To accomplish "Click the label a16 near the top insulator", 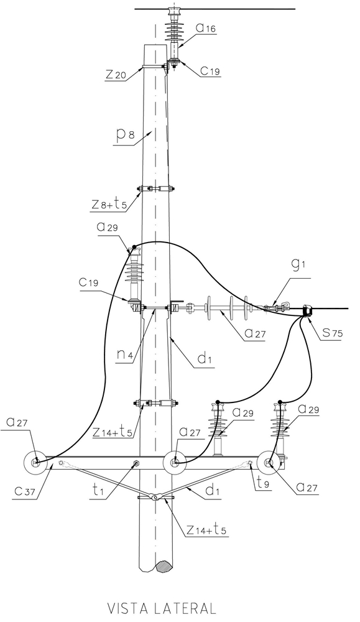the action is pyautogui.click(x=206, y=28).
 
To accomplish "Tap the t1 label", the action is pyautogui.click(x=98, y=490).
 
